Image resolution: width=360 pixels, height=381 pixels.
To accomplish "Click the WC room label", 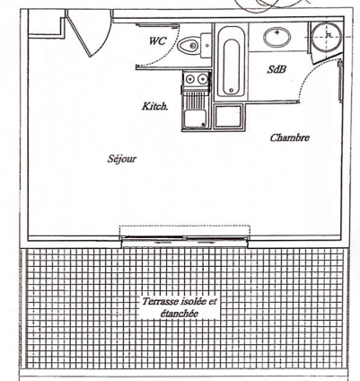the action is tap(157, 40).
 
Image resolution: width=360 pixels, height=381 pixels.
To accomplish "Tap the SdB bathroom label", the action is tap(277, 69).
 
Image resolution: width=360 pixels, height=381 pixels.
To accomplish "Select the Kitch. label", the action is tap(154, 106).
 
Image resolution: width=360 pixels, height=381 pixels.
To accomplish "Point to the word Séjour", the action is tap(122, 158).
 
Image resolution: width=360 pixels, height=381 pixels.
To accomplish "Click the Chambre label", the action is tap(290, 137).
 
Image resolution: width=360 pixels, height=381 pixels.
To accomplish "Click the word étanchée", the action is tap(180, 314).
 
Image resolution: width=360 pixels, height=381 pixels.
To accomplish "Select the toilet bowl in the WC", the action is tap(189, 46).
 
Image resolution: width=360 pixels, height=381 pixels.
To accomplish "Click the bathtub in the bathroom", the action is tap(232, 62).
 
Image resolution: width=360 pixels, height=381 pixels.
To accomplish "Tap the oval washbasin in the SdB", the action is tap(277, 37).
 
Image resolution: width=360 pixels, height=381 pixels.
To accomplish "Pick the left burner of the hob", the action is tap(190, 79).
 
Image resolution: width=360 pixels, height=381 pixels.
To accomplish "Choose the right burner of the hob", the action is tap(203, 79).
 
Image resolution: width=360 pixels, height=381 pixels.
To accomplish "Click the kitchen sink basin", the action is tap(195, 119).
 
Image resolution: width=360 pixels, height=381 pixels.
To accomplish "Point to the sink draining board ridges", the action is tap(195, 100).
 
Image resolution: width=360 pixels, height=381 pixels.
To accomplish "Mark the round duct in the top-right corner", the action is tap(327, 37).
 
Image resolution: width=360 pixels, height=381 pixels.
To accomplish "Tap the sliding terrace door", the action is tap(186, 239).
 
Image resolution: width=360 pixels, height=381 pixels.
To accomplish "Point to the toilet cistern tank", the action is tap(206, 46).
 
